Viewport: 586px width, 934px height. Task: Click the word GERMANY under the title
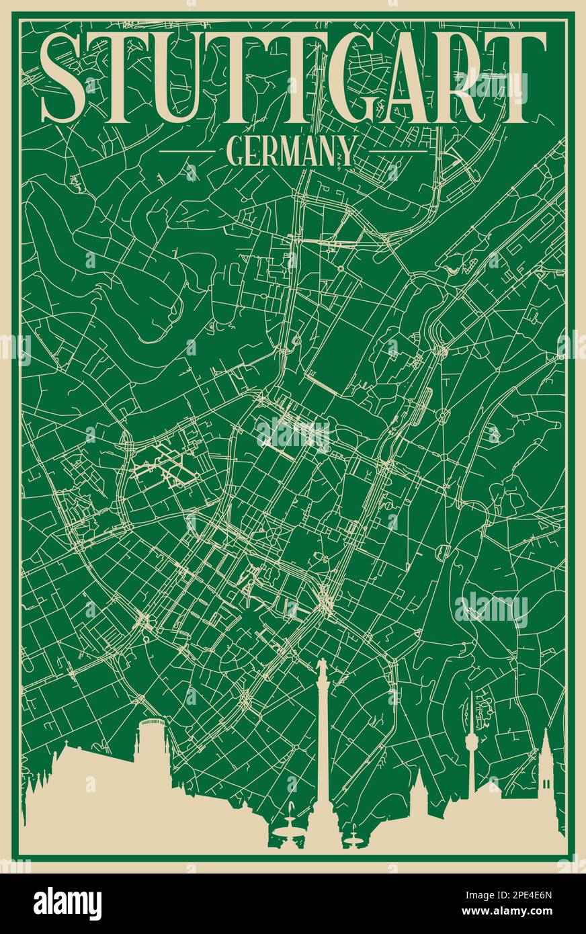pyautogui.click(x=292, y=151)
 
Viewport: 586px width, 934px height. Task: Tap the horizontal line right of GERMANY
pyautogui.click(x=397, y=151)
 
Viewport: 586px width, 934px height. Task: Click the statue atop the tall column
pyautogui.click(x=322, y=669)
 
